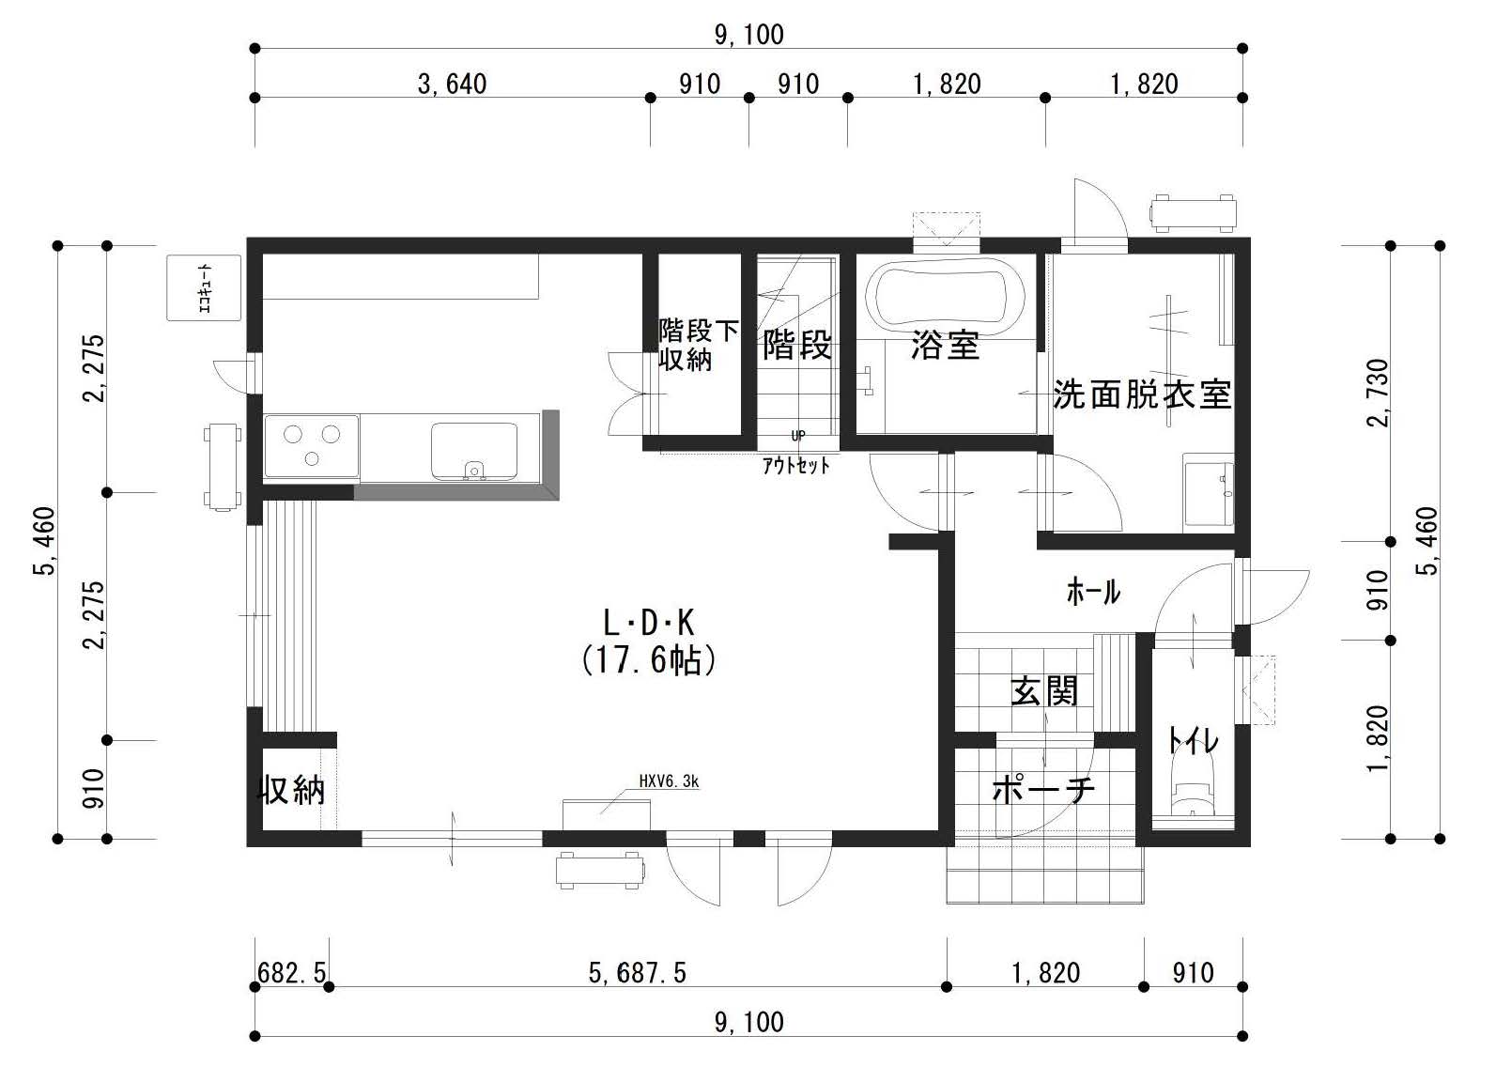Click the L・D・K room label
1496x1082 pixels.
click(x=649, y=623)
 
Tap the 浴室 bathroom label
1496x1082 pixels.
click(x=945, y=346)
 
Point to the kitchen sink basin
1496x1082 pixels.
click(x=474, y=451)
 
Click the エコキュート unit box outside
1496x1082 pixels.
click(x=204, y=287)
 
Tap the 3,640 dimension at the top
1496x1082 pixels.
click(x=452, y=85)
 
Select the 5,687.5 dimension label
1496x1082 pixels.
click(x=637, y=973)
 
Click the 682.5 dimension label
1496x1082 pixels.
click(x=292, y=973)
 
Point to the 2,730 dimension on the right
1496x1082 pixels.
click(x=1378, y=393)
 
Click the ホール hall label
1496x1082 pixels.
click(x=1093, y=592)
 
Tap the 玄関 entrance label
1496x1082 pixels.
click(x=1044, y=691)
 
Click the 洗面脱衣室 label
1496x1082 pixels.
click(x=1142, y=394)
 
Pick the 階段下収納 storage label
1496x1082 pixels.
click(x=699, y=346)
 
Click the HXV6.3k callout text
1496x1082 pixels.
click(x=669, y=781)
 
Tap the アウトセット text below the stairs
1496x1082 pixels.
click(x=796, y=466)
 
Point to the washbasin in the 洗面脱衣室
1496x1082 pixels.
click(x=1209, y=493)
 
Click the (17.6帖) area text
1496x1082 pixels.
click(x=649, y=660)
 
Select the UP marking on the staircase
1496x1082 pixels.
click(x=798, y=436)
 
